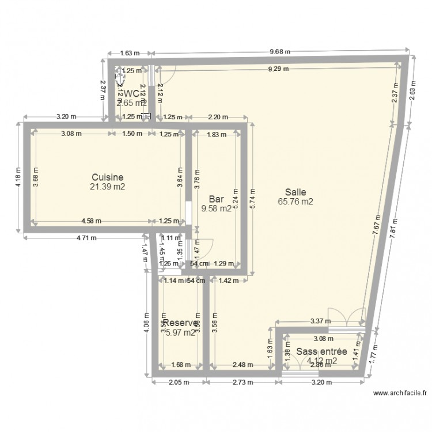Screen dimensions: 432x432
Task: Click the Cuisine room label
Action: click(x=108, y=177)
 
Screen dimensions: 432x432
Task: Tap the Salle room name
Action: click(x=295, y=192)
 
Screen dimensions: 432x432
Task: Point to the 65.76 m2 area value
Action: click(x=295, y=202)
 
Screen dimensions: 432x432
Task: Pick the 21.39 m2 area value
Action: click(x=108, y=187)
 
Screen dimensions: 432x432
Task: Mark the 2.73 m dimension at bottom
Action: click(x=241, y=382)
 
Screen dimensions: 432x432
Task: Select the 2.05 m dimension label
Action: click(x=180, y=382)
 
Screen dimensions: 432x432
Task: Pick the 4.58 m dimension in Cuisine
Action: click(x=90, y=221)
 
